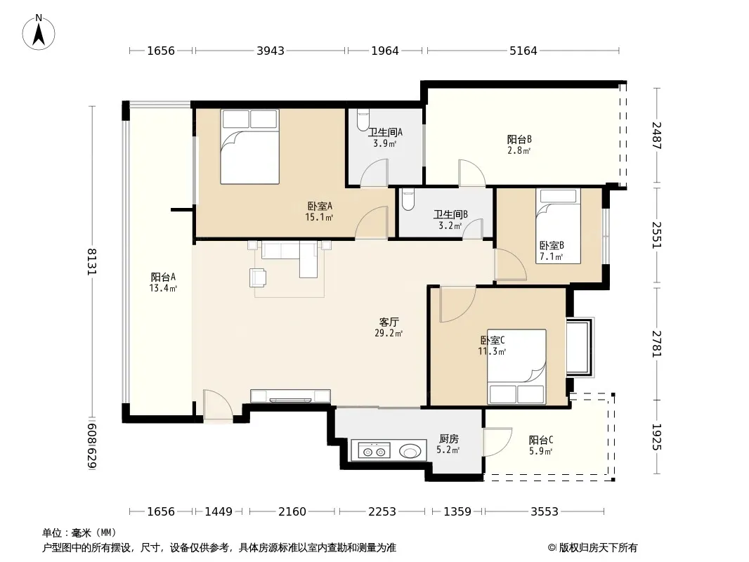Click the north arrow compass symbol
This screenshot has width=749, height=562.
39,32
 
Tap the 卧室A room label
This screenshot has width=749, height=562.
320,207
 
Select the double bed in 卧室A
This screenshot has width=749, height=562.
249,147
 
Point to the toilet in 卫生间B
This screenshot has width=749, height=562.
408,200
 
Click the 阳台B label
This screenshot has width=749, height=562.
519,139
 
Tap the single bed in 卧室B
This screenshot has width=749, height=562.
558,226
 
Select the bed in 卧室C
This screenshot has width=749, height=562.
516,367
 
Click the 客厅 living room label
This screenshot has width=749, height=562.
389,322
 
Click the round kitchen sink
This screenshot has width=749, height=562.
410,451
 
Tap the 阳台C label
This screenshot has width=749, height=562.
541,440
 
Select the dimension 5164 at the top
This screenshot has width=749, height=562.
523,51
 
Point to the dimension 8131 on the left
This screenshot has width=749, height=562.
91,261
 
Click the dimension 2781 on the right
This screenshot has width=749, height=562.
657,344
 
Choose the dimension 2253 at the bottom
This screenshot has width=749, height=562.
382,512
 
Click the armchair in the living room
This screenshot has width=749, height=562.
257,277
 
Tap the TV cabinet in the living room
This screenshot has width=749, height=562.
290,396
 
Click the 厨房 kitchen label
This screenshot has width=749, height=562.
449,438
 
